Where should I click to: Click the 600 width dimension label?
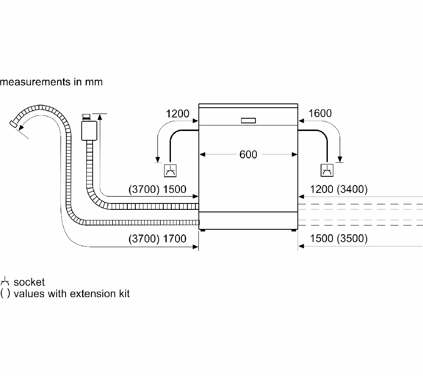click(x=248, y=154)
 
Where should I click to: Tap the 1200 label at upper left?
click(x=178, y=114)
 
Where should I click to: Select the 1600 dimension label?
click(x=320, y=113)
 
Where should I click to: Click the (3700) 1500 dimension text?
click(x=157, y=189)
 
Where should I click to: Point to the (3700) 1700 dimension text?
click(x=157, y=239)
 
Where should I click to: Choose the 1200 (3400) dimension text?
click(x=338, y=189)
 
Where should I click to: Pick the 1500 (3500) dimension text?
click(x=338, y=238)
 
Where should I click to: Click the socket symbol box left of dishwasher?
click(x=170, y=171)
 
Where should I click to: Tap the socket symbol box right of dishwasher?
click(x=327, y=170)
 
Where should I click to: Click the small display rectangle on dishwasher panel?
click(x=248, y=120)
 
